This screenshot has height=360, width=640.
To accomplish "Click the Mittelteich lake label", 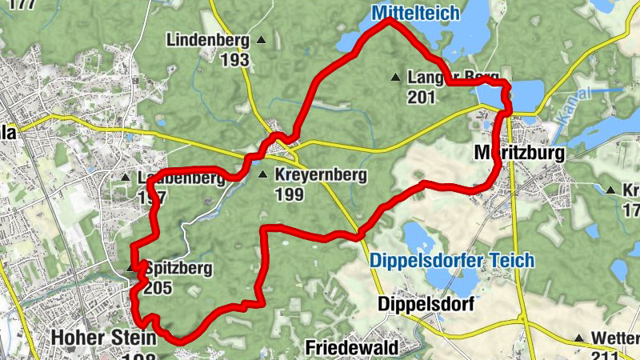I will point(415,13).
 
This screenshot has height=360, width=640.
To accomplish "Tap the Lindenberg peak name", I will point(206,40).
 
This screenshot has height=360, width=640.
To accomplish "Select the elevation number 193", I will point(235,59).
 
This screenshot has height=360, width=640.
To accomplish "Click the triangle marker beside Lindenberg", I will point(261,39).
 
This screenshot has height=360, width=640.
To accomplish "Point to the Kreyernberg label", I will point(320,175).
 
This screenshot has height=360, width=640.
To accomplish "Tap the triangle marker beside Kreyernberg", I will point(263,175).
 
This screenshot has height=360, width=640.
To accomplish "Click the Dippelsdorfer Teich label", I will point(452,261).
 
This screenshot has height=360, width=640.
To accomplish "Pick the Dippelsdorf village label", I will point(426,305).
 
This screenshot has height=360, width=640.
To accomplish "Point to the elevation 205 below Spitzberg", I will point(158,288).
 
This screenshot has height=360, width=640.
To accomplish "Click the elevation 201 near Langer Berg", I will point(421,98).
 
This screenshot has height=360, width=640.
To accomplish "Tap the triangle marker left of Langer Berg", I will point(394,78).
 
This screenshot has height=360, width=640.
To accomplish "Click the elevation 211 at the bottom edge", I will point(605,354).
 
